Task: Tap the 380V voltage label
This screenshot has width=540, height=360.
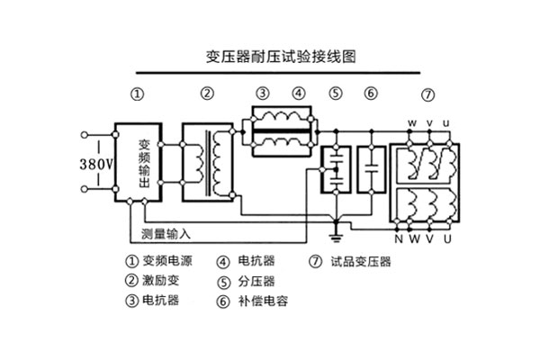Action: click(95, 165)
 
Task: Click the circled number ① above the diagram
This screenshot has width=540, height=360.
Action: click(137, 94)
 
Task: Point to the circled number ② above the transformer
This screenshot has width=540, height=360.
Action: click(207, 94)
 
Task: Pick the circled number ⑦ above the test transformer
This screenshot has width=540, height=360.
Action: click(427, 94)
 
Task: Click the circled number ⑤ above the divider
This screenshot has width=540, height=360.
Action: click(335, 94)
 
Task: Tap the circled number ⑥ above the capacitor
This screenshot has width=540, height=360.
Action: click(371, 94)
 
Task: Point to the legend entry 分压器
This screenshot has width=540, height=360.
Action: click(256, 281)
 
